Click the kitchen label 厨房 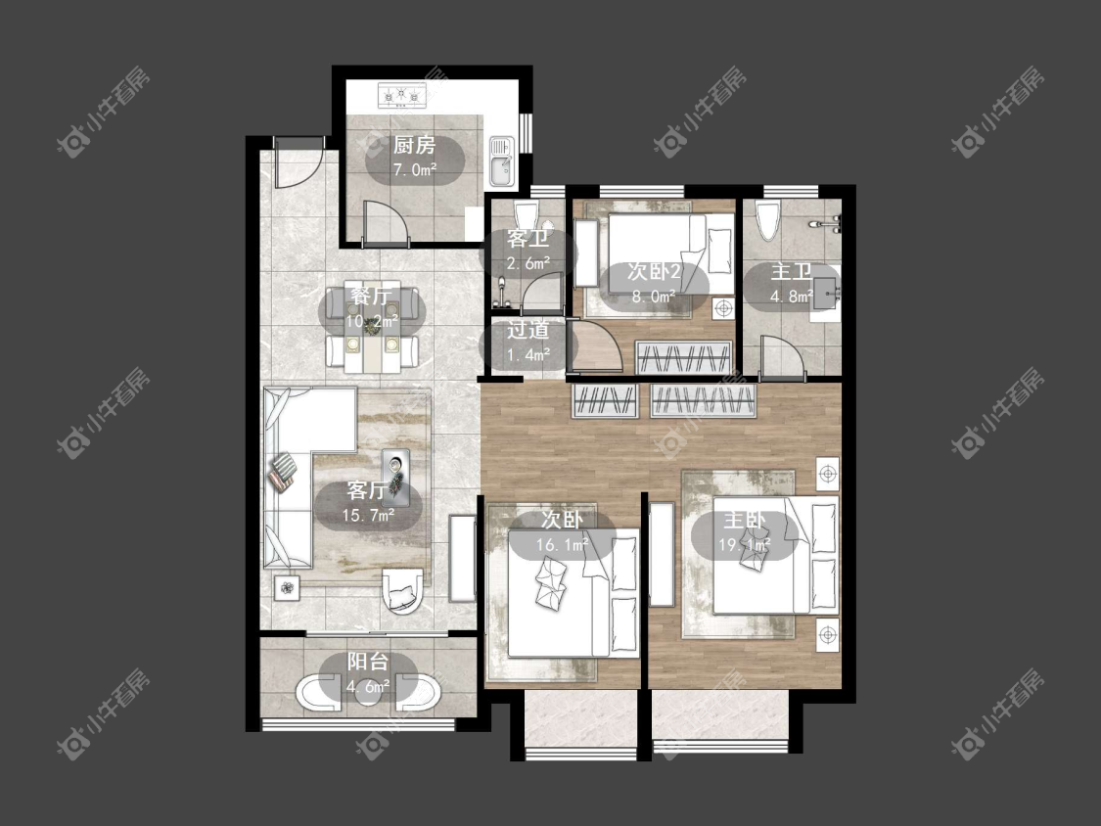tap(414, 146)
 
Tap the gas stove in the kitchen tap(402, 95)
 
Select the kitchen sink tap(501, 161)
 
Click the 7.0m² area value tap(414, 169)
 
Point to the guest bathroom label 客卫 tap(528, 239)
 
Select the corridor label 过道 tap(528, 330)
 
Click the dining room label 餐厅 tap(372, 297)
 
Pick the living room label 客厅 tap(367, 490)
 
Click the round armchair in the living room tap(402, 591)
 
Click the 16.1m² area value tap(563, 544)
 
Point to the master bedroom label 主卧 tap(745, 521)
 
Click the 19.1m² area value tap(745, 544)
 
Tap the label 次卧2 tap(654, 272)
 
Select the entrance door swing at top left tap(298, 162)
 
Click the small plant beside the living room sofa tap(287, 587)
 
